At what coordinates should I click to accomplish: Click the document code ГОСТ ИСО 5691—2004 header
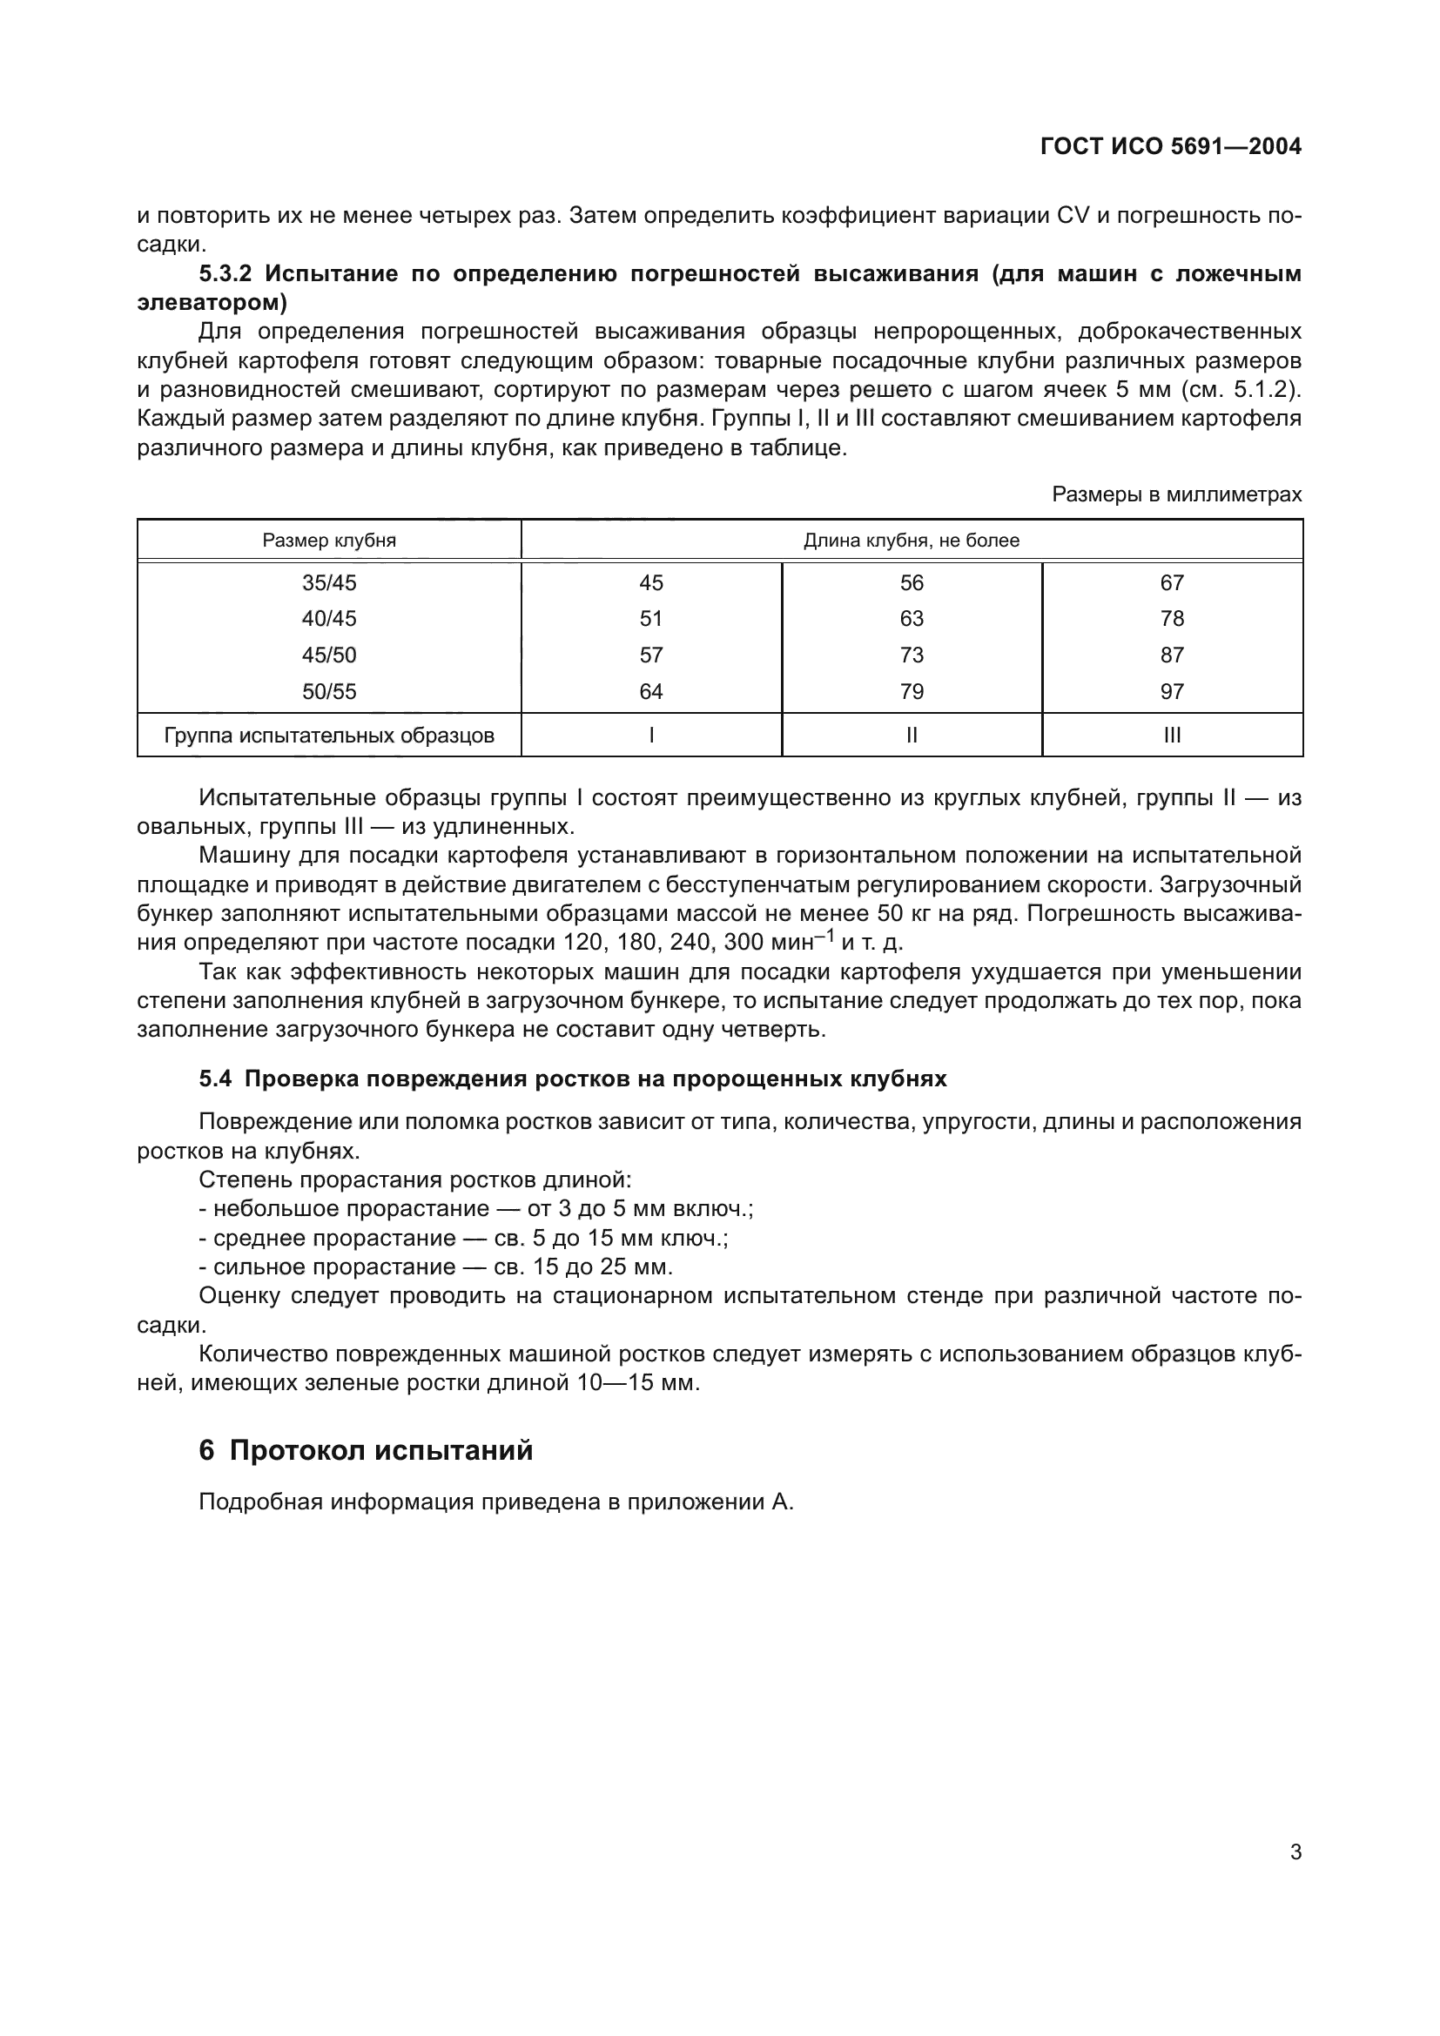pyautogui.click(x=1170, y=146)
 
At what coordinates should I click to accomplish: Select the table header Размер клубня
pyautogui.click(x=329, y=540)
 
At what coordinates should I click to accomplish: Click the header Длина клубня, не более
pyautogui.click(x=912, y=540)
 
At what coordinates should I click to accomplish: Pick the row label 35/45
pyautogui.click(x=329, y=582)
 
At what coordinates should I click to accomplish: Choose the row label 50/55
pyautogui.click(x=329, y=692)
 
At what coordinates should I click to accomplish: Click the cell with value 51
pyautogui.click(x=651, y=618)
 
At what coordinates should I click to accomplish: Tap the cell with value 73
pyautogui.click(x=912, y=655)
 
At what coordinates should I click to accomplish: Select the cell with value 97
pyautogui.click(x=1172, y=692)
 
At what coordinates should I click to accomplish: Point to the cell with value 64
pyautogui.click(x=651, y=692)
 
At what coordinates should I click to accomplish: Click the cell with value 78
pyautogui.click(x=1172, y=618)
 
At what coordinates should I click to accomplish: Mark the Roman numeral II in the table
pyautogui.click(x=912, y=736)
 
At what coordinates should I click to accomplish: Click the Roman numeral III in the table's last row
pyautogui.click(x=1172, y=736)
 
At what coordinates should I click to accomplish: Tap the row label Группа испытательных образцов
pyautogui.click(x=329, y=736)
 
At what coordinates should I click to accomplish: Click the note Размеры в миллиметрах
pyautogui.click(x=1177, y=494)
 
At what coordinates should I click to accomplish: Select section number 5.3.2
pyautogui.click(x=225, y=273)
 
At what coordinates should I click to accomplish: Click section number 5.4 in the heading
pyautogui.click(x=214, y=1079)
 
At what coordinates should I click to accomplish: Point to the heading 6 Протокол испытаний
pyautogui.click(x=366, y=1450)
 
